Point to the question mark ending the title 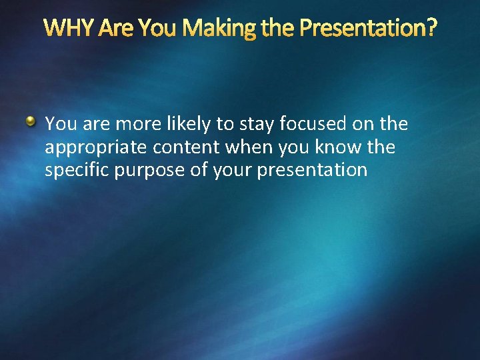pyautogui.click(x=432, y=28)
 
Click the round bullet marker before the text pyautogui.click(x=31, y=121)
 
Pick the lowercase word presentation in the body pyautogui.click(x=312, y=170)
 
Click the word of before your pyautogui.click(x=199, y=170)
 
